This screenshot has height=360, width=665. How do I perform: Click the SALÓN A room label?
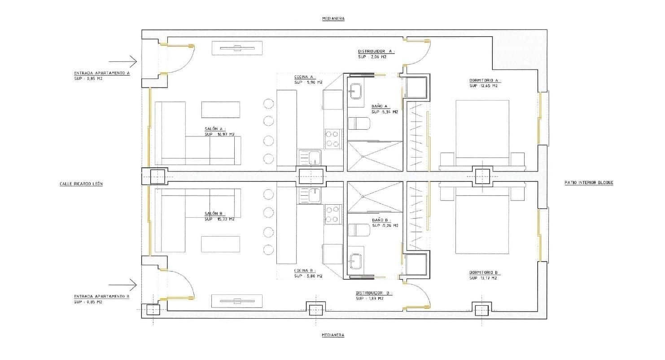tap(214, 128)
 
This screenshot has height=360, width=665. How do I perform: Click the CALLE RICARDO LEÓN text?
tap(81, 184)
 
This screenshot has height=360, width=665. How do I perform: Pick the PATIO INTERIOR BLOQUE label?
tap(589, 183)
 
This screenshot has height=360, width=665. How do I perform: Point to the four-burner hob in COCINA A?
tap(332, 139)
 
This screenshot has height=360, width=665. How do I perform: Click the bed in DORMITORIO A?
tap(482, 128)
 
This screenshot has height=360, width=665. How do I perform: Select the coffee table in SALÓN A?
tap(220, 110)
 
